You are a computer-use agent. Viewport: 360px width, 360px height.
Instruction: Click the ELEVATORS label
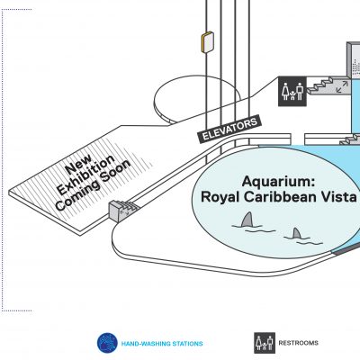click(229, 130)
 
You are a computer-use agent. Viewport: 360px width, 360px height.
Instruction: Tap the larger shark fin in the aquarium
click(247, 220)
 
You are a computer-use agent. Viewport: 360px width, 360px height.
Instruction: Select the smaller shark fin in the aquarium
click(297, 233)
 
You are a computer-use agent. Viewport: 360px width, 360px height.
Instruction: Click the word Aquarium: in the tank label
click(279, 181)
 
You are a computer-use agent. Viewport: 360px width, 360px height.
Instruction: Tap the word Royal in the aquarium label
click(220, 198)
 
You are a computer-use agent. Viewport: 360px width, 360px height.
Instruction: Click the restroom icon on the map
click(292, 91)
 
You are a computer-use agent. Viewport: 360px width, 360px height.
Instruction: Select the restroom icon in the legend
click(265, 343)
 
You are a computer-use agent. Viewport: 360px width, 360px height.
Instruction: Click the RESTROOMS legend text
click(298, 343)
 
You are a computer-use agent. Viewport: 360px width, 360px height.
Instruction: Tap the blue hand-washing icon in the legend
click(107, 343)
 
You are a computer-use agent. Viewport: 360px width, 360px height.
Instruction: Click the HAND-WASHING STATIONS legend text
click(162, 344)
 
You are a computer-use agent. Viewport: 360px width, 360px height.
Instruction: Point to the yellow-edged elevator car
click(207, 42)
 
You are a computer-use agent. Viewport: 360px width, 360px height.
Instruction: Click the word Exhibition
click(85, 175)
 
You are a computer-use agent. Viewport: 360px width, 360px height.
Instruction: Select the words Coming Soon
click(93, 184)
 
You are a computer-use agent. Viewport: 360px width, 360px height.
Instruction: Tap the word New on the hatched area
click(78, 165)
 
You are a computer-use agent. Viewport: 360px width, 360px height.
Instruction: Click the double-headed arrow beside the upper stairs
click(342, 86)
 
